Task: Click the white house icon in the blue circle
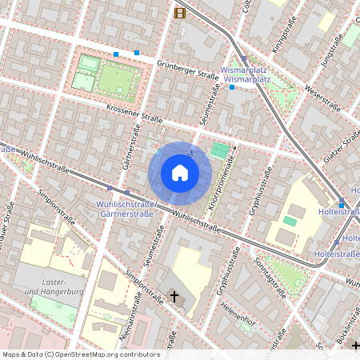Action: coord(180,173)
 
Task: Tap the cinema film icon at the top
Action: coord(179,12)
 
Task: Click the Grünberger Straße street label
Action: coord(188,74)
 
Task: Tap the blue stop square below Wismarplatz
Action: coord(232,86)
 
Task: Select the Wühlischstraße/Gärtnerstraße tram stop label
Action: coord(126,210)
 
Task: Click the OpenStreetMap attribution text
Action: coord(80,354)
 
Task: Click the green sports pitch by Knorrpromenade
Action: coord(218,150)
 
